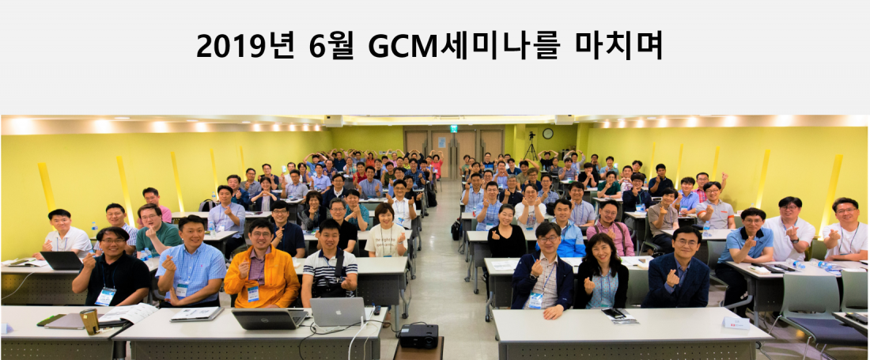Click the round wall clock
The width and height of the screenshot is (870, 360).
click(547, 133)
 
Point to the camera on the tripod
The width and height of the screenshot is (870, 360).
click(531, 135)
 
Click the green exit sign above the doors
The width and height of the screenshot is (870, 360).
click(454, 129)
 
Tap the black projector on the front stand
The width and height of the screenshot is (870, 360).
click(419, 335)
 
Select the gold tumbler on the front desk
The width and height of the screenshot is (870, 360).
click(89, 322)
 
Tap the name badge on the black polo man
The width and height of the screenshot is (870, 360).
click(104, 296)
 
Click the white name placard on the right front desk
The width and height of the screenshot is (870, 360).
click(736, 323)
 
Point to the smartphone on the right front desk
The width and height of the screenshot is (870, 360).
click(613, 313)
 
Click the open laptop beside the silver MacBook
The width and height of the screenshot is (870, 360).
click(269, 319)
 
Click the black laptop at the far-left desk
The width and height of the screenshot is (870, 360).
click(62, 260)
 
